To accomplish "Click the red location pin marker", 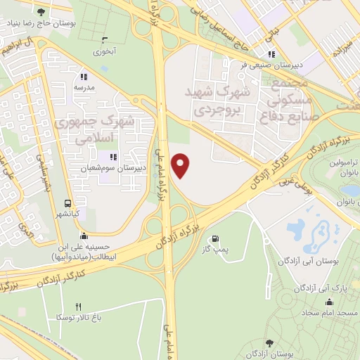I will coord(181,165).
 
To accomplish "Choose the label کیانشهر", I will coord(69,213).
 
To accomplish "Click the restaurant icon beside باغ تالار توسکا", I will coord(78,307).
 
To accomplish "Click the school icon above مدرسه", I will coord(84,77).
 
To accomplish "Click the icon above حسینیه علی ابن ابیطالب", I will coord(84,236).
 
